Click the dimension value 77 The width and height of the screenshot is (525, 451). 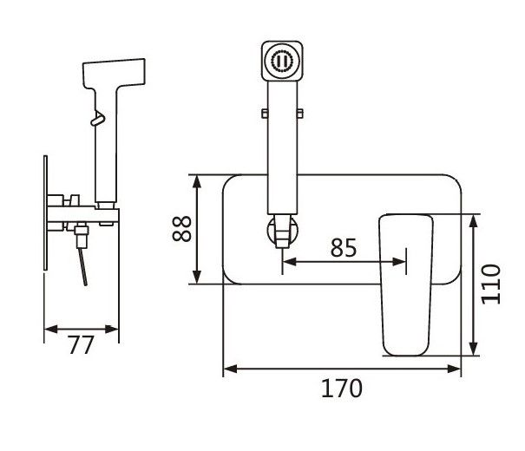80,345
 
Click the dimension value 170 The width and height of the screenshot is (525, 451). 343,388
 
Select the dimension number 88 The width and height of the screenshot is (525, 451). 181,229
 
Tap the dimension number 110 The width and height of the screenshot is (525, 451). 493,283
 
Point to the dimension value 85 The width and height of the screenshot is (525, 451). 344,247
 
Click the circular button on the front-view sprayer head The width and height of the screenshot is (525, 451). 283,62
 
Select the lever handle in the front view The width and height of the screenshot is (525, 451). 406,284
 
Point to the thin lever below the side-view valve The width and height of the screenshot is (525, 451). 82,265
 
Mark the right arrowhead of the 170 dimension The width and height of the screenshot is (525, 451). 457,369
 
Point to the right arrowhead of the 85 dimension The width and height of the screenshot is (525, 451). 401,260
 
